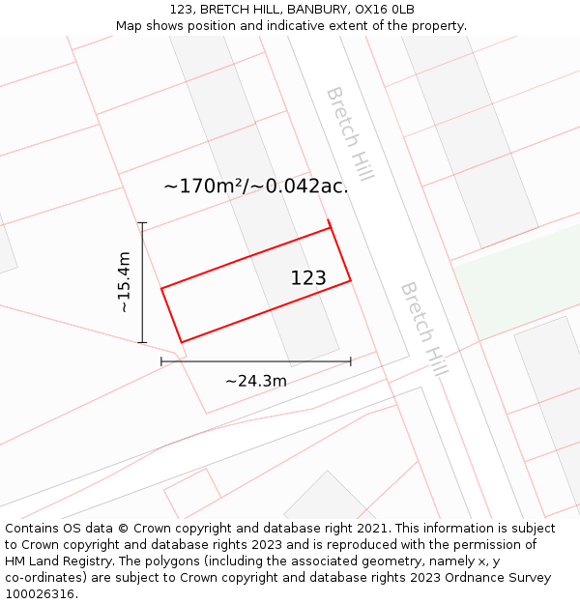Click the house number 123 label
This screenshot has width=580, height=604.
308,278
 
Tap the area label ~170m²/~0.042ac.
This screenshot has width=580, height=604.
255,186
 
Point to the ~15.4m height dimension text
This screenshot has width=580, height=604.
124,282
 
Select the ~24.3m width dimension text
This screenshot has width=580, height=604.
256,381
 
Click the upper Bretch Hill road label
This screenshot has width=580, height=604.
350,133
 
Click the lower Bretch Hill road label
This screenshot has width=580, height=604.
424,330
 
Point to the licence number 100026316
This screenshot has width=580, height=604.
40,594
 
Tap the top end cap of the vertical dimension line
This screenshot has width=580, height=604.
142,223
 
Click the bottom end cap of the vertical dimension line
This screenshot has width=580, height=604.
142,342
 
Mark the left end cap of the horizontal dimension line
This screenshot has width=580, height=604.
161,361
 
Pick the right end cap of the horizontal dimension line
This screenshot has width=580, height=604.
350,361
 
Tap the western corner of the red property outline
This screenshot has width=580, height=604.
161,288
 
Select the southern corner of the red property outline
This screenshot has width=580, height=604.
182,342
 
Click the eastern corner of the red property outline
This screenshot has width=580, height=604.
350,281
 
